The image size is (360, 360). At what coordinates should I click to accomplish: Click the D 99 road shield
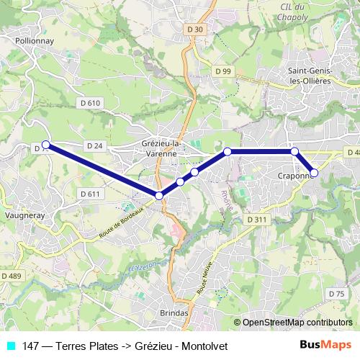pos(223,71)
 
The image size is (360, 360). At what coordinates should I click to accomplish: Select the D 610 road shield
pos(90,103)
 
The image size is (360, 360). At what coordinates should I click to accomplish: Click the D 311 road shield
pos(256,219)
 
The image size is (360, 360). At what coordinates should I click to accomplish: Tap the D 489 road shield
pos(11,276)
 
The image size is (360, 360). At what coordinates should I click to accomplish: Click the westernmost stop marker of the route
pos(46,144)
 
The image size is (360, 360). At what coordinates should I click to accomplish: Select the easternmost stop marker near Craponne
pos(314,173)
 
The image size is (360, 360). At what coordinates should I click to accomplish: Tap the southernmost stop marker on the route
pos(159,195)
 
